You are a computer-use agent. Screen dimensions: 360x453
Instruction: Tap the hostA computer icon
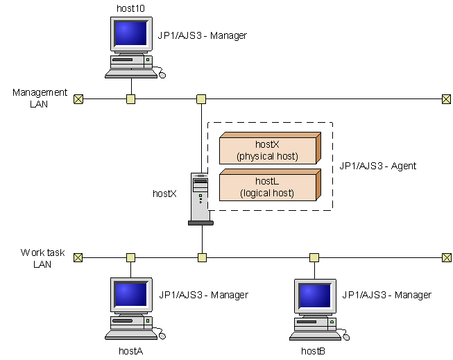pyautogui.click(x=132, y=309)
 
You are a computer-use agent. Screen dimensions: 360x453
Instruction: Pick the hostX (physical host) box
pyautogui.click(x=267, y=150)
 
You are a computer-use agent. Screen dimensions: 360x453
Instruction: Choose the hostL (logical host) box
pyautogui.click(x=267, y=187)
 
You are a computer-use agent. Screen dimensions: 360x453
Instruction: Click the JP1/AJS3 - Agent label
pyautogui.click(x=375, y=167)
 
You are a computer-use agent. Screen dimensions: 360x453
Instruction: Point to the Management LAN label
pyautogui.click(x=40, y=98)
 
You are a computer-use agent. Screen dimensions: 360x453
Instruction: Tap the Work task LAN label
pyautogui.click(x=42, y=259)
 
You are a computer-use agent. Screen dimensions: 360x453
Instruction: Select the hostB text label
pyautogui.click(x=313, y=352)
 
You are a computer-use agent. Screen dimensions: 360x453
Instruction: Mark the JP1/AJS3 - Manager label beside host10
pyautogui.click(x=203, y=35)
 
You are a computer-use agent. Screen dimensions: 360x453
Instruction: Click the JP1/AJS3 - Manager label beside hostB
pyautogui.click(x=386, y=295)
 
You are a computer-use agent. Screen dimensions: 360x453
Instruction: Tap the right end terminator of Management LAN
pyautogui.click(x=446, y=99)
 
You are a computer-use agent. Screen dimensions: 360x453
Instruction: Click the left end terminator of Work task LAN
pyautogui.click(x=78, y=258)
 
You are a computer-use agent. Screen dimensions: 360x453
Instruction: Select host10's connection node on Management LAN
pyautogui.click(x=130, y=99)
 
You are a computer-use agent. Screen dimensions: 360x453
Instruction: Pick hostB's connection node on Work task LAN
pyautogui.click(x=314, y=258)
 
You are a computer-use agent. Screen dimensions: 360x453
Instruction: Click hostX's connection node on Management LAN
pyautogui.click(x=201, y=99)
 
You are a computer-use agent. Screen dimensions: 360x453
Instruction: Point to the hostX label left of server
pyautogui.click(x=164, y=194)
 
